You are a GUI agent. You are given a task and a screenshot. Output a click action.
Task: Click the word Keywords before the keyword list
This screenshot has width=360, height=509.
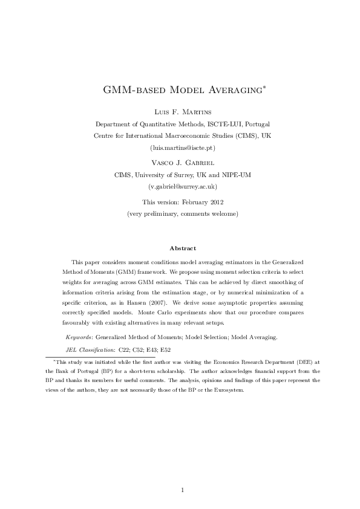pos(79,336)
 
